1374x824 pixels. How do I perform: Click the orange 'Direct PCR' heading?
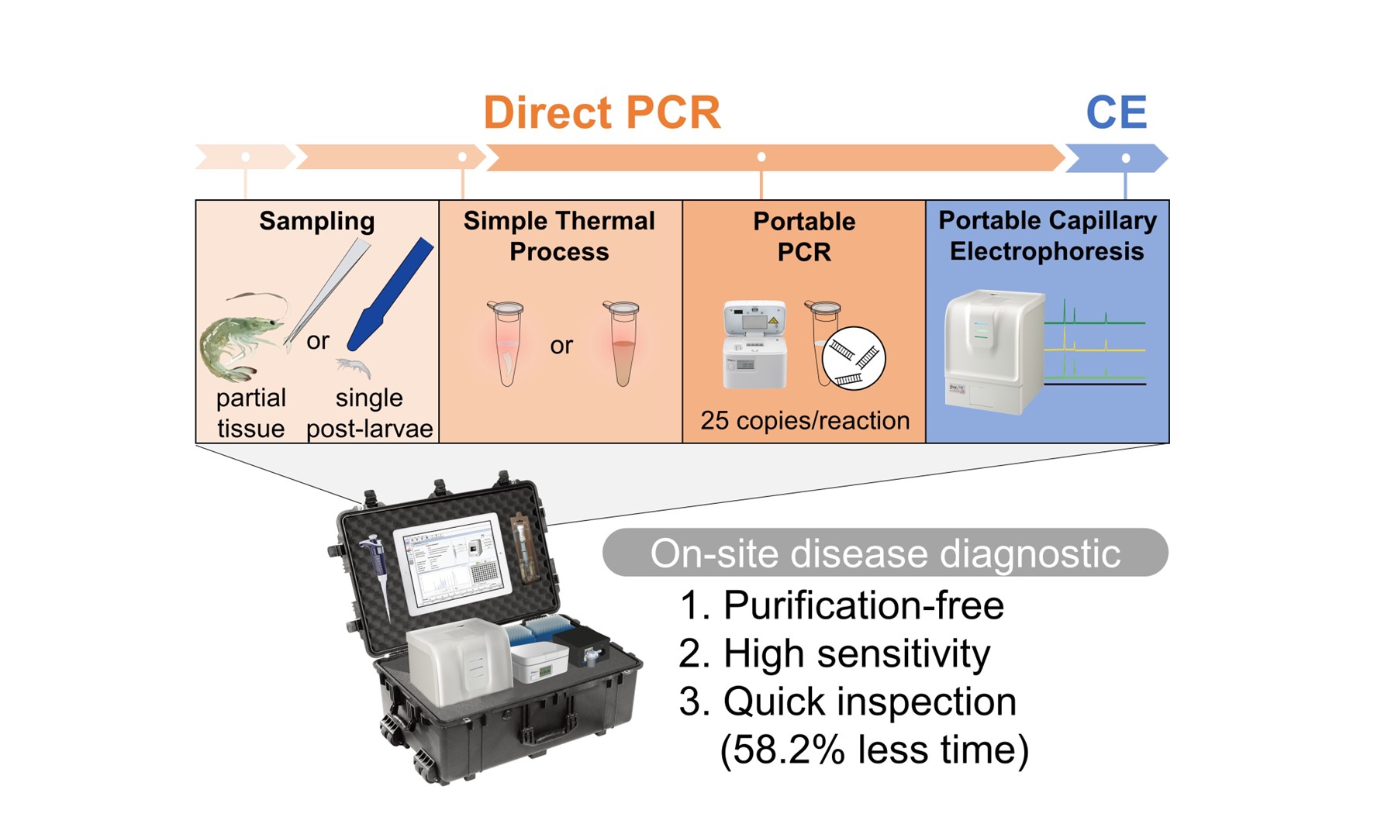pyautogui.click(x=602, y=112)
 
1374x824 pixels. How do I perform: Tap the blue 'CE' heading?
pyautogui.click(x=1116, y=112)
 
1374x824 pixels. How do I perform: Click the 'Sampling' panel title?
pyautogui.click(x=316, y=221)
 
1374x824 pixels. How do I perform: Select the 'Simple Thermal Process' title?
pyautogui.click(x=559, y=236)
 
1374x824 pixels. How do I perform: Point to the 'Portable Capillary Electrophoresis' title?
pyautogui.click(x=1047, y=236)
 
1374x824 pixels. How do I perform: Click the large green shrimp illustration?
pyautogui.click(x=236, y=337)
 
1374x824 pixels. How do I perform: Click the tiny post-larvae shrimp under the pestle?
pyautogui.click(x=354, y=367)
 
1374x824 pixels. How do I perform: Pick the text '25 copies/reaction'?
pyautogui.click(x=805, y=420)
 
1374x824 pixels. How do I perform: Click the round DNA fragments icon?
pyautogui.click(x=854, y=357)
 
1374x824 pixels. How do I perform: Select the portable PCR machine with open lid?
pyautogui.click(x=754, y=344)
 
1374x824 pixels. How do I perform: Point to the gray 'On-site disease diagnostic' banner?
pyautogui.click(x=885, y=553)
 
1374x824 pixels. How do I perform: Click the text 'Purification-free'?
pyautogui.click(x=863, y=605)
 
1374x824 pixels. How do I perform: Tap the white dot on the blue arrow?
pyautogui.click(x=1126, y=158)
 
